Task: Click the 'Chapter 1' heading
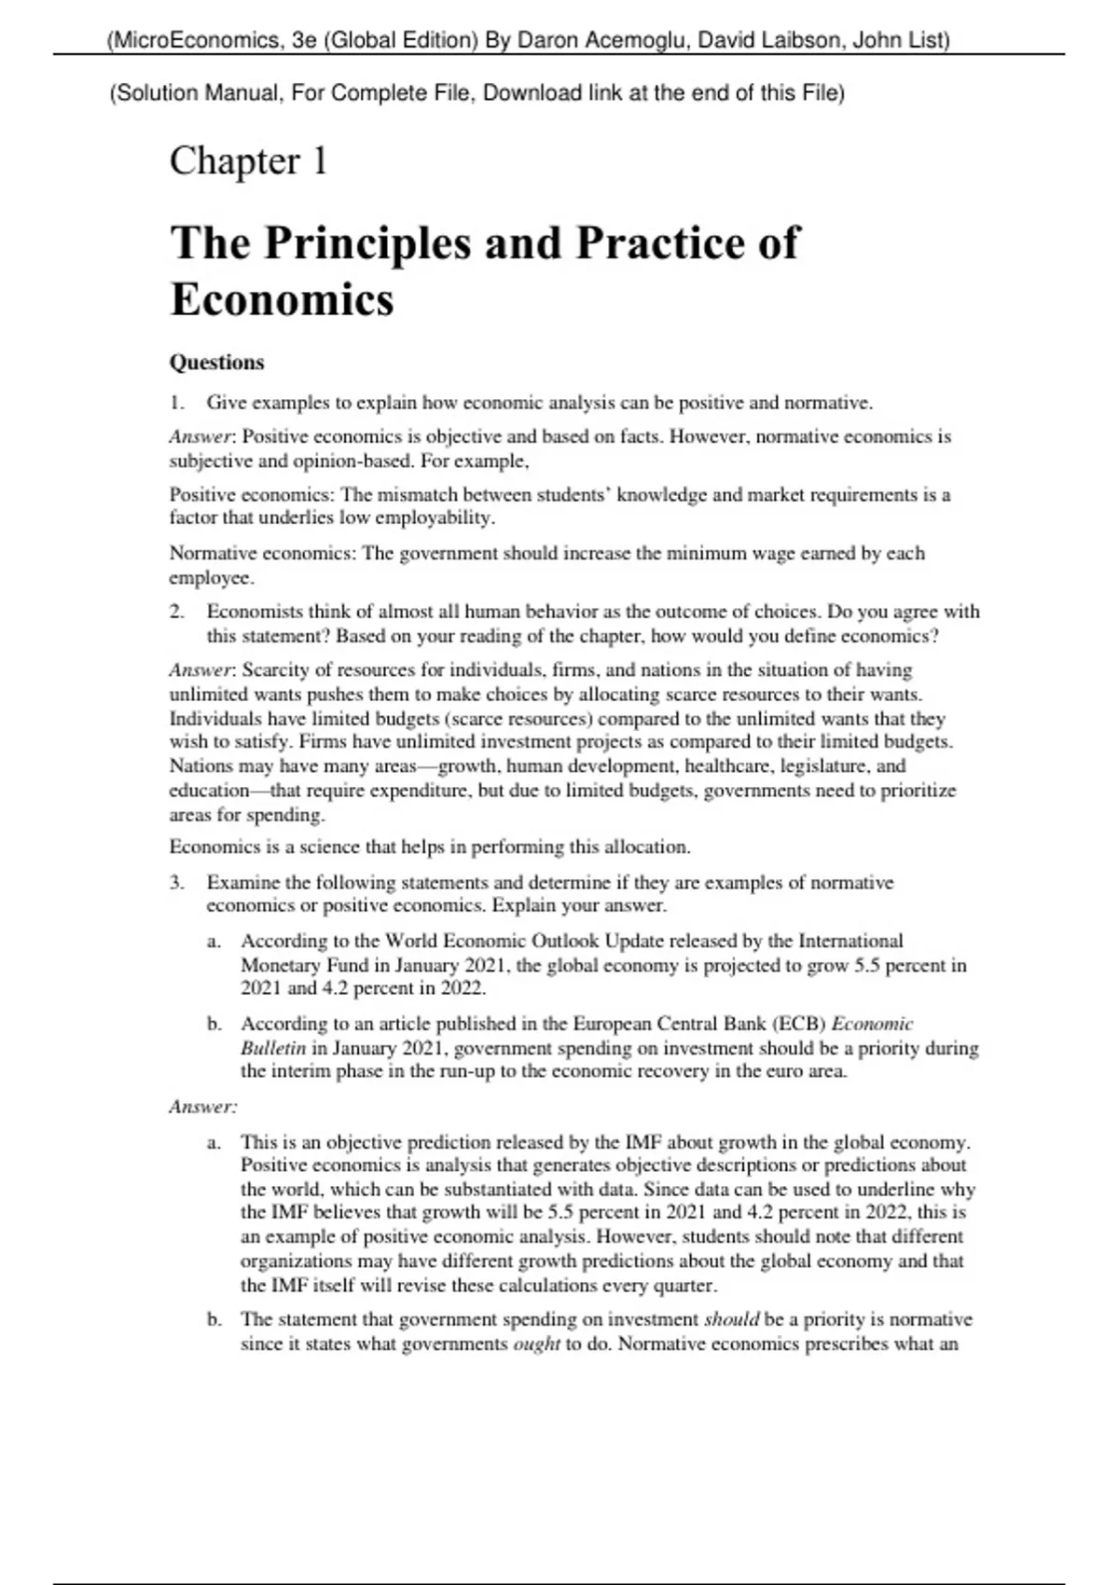(248, 161)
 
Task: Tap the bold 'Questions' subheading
(216, 362)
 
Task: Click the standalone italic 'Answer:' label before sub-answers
(203, 1107)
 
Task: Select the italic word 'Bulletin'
(273, 1048)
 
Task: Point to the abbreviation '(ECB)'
(798, 1024)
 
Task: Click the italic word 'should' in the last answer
(731, 1319)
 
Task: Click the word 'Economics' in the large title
(282, 300)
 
